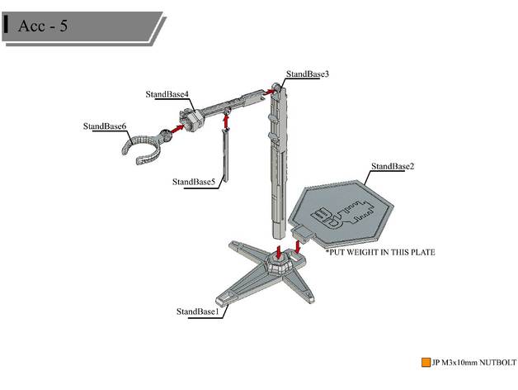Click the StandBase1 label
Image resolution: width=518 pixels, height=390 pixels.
197,312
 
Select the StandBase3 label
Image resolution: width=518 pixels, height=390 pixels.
308,74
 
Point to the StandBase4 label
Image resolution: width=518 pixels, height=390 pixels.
167,93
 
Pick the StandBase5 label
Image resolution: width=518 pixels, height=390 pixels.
194,181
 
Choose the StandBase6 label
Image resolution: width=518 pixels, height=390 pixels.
105,126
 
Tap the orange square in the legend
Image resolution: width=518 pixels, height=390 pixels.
426,362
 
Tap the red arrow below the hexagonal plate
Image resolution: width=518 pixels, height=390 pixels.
298,245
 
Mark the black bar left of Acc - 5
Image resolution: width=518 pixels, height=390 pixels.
7,24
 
